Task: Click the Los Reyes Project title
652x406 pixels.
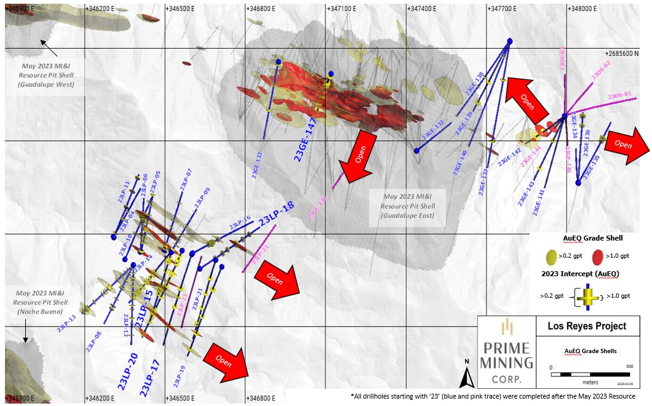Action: (587, 326)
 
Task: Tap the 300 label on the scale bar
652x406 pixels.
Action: (628, 366)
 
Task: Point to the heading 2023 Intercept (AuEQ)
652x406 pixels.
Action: (580, 273)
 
